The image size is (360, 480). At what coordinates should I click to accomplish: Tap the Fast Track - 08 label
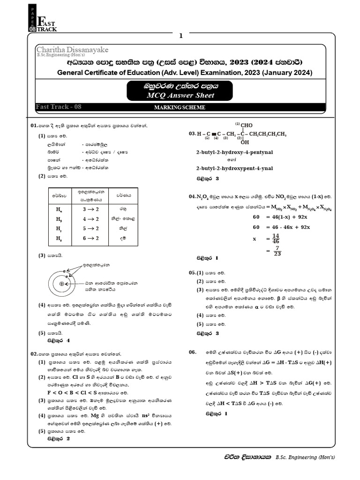coord(59,107)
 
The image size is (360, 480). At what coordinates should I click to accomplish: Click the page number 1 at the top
coord(180,36)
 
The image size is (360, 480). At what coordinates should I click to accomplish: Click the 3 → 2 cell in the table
coord(90,209)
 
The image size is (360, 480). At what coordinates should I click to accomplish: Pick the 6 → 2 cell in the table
coord(90,238)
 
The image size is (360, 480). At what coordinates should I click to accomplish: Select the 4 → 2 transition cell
coord(90,218)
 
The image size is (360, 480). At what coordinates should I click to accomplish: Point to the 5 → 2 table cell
coord(90,228)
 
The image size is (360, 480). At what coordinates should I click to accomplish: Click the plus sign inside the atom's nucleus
coord(61,284)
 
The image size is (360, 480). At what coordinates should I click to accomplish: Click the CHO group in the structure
coord(246,125)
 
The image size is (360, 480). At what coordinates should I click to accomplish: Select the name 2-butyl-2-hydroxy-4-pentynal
coord(234,152)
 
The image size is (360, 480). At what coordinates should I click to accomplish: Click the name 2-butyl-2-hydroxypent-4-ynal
coord(234,168)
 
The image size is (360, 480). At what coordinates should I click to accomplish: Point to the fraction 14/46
coord(275,238)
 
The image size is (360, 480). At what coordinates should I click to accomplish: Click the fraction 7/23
coord(277,252)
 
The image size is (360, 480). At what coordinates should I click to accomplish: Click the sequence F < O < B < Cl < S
coord(78,391)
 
